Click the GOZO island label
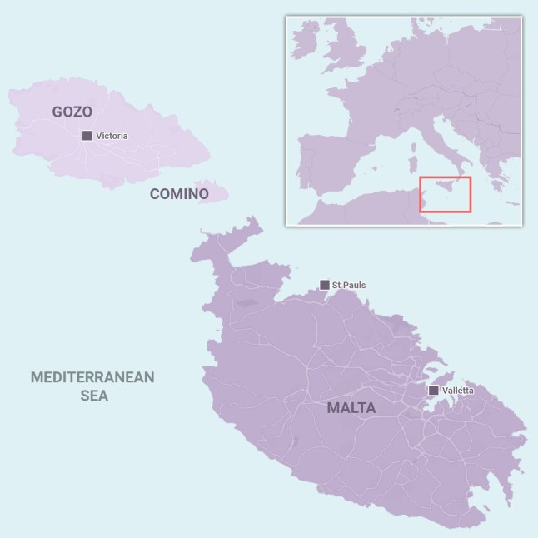[x=72, y=112]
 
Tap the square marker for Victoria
[x=87, y=136]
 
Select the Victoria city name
[x=112, y=136]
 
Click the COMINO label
[x=179, y=194]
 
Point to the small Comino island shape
[x=216, y=193]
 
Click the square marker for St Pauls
[x=324, y=285]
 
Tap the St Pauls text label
[x=349, y=286]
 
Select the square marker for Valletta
[x=433, y=390]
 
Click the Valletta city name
[x=457, y=390]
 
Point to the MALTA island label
[x=351, y=408]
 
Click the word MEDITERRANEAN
[x=92, y=377]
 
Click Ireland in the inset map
[x=306, y=42]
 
